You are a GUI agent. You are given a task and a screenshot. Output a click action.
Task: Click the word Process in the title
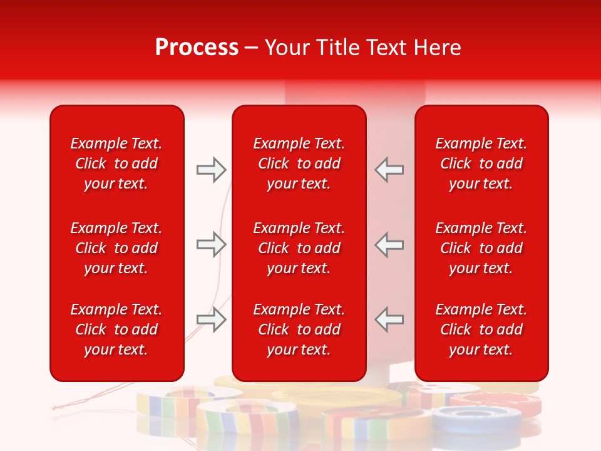(x=197, y=48)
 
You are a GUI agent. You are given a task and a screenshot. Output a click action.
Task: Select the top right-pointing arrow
(x=211, y=170)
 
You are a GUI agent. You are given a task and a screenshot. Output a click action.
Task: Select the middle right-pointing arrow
(x=211, y=244)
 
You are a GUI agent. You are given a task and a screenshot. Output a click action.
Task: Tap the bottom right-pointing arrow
(x=211, y=319)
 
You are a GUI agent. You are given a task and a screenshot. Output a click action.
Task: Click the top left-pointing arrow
(x=389, y=170)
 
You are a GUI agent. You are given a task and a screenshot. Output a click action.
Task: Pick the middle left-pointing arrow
(x=389, y=244)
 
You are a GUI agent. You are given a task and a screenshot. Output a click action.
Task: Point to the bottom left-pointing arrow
(x=389, y=319)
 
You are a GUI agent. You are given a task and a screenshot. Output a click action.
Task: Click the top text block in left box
(x=116, y=163)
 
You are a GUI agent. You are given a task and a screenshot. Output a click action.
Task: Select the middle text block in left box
(x=116, y=248)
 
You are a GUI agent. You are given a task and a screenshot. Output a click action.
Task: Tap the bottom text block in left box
(x=116, y=329)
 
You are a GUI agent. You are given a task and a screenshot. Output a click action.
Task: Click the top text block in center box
(x=299, y=163)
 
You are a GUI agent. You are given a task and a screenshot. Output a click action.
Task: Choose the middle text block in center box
(x=299, y=248)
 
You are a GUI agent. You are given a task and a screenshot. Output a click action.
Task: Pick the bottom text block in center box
(x=299, y=329)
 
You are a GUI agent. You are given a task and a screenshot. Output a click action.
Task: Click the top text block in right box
(x=481, y=163)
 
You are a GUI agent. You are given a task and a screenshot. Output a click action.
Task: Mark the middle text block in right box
(x=481, y=248)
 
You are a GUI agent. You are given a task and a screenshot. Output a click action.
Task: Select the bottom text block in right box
(x=481, y=329)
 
